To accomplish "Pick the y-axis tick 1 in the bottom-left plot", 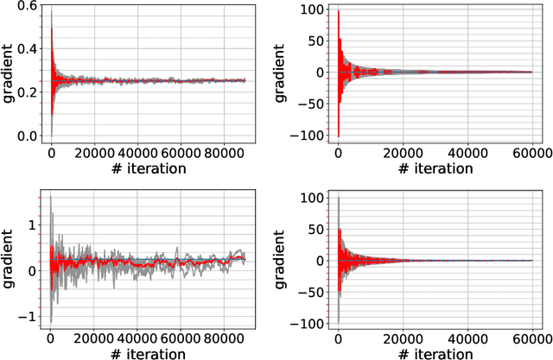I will coord(32,224).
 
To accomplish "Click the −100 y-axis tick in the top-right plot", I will coord(303,136).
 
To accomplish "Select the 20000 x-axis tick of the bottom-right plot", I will coord(402,338).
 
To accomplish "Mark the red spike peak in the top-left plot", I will coord(50,28).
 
